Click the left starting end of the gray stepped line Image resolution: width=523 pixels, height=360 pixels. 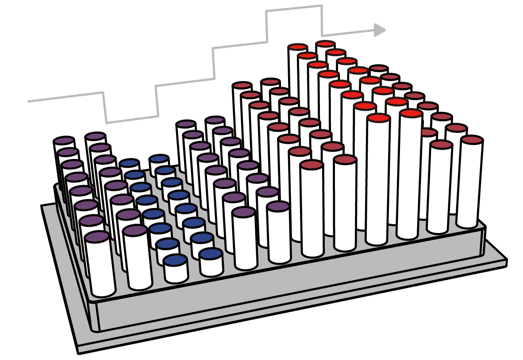click(x=29, y=101)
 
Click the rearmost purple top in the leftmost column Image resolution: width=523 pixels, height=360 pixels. click(x=64, y=141)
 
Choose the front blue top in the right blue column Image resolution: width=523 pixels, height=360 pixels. click(x=211, y=254)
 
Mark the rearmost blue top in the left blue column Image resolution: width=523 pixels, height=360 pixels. click(x=129, y=163)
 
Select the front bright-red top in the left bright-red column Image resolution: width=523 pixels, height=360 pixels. click(x=377, y=118)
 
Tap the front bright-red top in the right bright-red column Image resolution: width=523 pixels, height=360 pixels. click(x=411, y=113)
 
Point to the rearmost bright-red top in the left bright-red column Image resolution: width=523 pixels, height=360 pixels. click(x=297, y=47)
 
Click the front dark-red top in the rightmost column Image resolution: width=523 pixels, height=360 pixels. click(x=471, y=139)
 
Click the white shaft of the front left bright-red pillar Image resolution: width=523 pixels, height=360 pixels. click(x=377, y=186)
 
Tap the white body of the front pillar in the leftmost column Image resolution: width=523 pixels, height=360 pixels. click(x=101, y=270)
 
